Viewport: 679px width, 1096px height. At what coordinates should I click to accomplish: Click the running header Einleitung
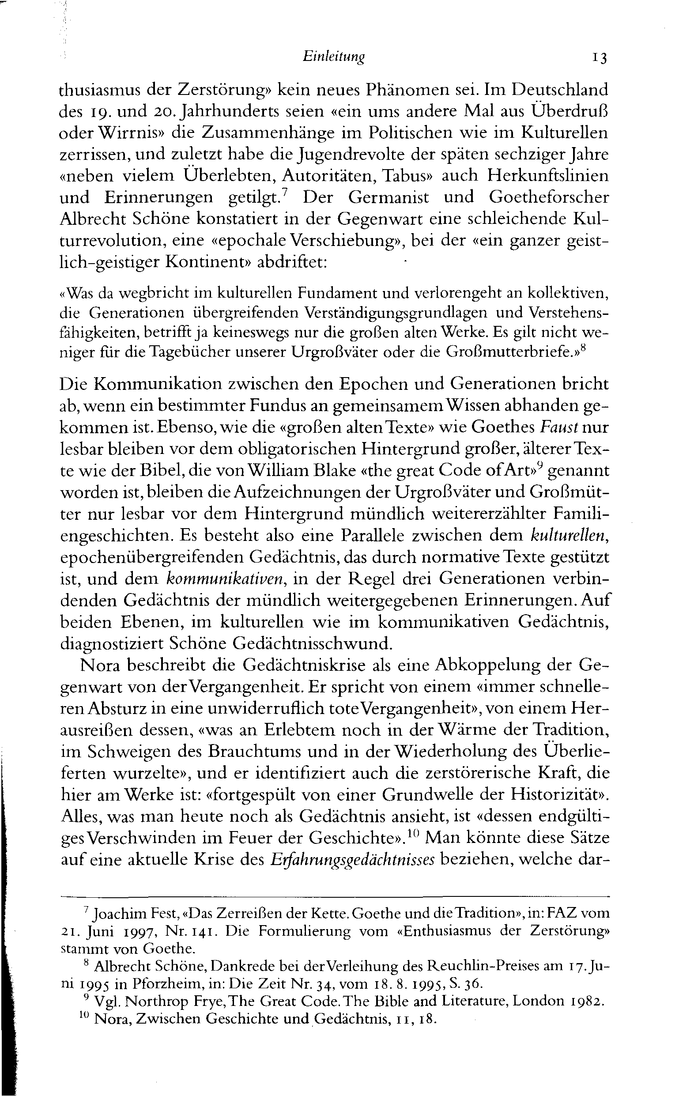pos(333,57)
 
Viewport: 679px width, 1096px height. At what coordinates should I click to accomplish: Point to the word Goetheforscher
pos(548,198)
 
